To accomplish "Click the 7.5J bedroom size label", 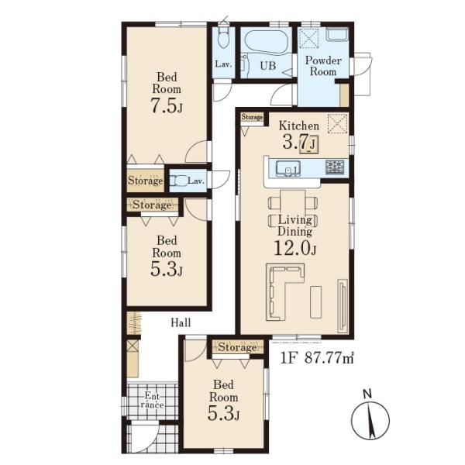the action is [x=167, y=105].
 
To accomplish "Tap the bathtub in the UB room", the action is [x=267, y=42].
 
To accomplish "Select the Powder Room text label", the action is [x=323, y=66].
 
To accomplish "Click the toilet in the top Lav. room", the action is [x=223, y=37].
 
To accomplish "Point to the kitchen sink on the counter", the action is [x=288, y=168].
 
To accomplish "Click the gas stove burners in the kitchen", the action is [x=335, y=167].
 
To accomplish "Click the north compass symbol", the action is [x=370, y=419].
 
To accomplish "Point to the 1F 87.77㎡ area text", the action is [x=317, y=358].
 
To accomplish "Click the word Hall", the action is [x=181, y=322].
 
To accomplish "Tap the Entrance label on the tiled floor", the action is [x=152, y=400].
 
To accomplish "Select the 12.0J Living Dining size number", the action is [x=294, y=249].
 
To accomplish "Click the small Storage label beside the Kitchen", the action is [x=252, y=117].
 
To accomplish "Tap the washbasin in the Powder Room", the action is [x=337, y=36].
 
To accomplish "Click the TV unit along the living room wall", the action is [x=343, y=306].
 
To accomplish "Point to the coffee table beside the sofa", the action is [x=316, y=302].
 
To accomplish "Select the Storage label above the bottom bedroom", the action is [x=237, y=347].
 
